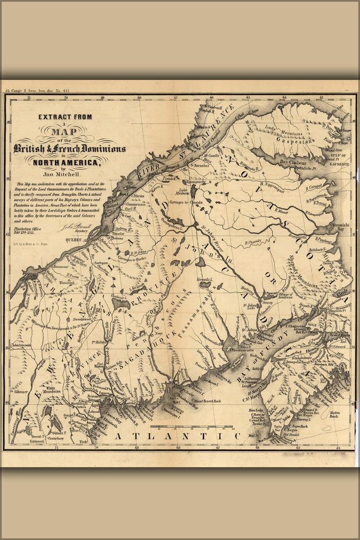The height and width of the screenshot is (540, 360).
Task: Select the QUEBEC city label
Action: point(76,238)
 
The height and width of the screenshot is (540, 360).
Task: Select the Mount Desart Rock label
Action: point(205,402)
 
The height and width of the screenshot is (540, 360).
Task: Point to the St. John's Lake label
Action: point(251,307)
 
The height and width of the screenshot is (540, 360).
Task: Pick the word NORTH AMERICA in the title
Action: point(66,162)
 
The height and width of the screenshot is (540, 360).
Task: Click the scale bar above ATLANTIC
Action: point(192,427)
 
